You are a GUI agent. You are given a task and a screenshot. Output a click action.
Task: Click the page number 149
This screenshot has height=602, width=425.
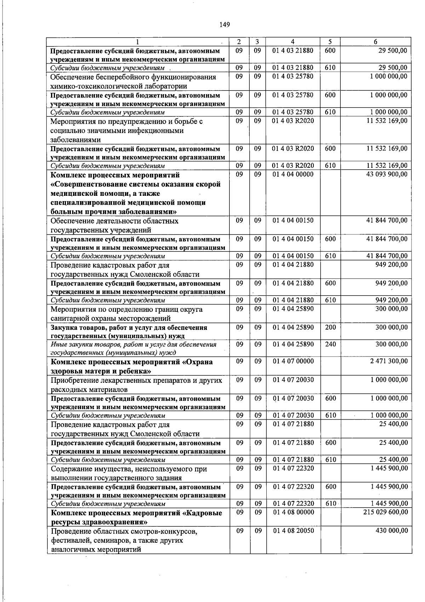pyautogui.click(x=225, y=24)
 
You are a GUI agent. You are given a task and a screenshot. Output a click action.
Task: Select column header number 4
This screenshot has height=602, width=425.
pyautogui.click(x=293, y=42)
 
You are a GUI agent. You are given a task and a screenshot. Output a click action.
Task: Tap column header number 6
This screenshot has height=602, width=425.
pyautogui.click(x=375, y=42)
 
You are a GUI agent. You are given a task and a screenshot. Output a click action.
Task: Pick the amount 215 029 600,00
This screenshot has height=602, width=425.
pyautogui.click(x=386, y=512)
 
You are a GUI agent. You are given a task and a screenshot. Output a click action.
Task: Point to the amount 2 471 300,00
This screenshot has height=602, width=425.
pyautogui.click(x=389, y=361)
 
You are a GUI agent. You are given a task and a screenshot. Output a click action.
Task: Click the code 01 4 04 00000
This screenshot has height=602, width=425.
pyautogui.click(x=293, y=175)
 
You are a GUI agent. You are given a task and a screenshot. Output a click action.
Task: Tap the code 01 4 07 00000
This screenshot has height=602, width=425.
pyautogui.click(x=293, y=361)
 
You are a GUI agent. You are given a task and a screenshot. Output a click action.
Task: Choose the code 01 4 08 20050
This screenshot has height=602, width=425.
pyautogui.click(x=293, y=531)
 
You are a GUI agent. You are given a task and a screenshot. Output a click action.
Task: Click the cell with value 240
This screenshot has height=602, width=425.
pyautogui.click(x=330, y=344)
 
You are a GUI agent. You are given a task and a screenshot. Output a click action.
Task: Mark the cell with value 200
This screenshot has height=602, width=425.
pyautogui.click(x=330, y=327)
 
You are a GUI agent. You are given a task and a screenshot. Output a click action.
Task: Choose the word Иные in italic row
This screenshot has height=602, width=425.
pyautogui.click(x=58, y=344)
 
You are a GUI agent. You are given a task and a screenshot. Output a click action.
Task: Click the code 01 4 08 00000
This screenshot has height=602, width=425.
pyautogui.click(x=293, y=512)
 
